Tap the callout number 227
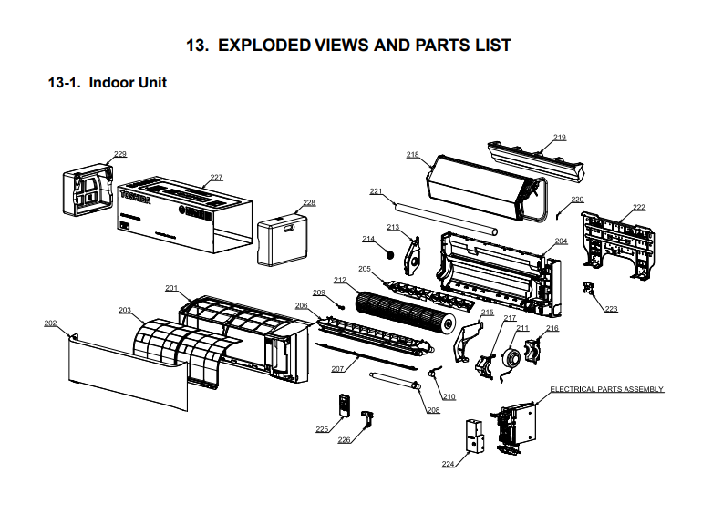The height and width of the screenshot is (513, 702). (x=216, y=177)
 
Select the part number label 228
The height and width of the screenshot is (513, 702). (x=309, y=202)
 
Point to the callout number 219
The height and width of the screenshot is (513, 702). (x=559, y=137)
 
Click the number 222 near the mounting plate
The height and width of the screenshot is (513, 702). (x=638, y=207)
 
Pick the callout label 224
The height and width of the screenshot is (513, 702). (x=448, y=464)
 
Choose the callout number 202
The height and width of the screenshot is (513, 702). (x=50, y=323)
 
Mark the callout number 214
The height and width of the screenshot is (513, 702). (x=368, y=239)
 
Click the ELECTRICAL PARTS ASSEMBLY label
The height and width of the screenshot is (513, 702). (x=606, y=389)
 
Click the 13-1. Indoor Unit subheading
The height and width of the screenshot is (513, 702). (x=107, y=83)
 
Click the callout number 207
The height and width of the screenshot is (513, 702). (x=337, y=368)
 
